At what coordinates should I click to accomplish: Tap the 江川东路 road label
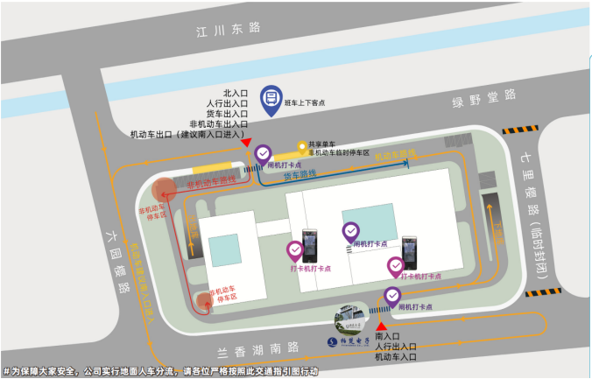tap(229, 29)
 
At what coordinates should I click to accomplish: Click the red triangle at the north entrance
tap(248, 142)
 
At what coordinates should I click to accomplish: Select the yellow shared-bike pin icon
tap(301, 146)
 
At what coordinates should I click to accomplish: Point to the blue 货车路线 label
tap(300, 175)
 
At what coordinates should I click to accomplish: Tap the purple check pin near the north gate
tap(264, 155)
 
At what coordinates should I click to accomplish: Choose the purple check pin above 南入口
tap(393, 297)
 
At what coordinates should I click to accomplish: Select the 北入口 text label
tap(236, 93)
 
